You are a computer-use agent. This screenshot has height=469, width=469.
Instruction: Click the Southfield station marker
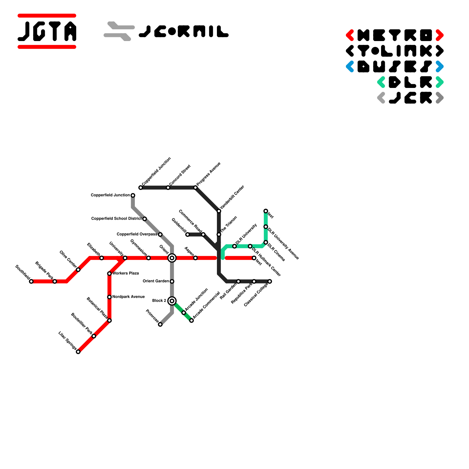pyautogui.click(x=31, y=281)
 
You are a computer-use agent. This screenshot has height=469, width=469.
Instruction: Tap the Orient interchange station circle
pyautogui.click(x=172, y=258)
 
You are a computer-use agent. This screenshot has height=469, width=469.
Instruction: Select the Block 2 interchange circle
pyautogui.click(x=172, y=301)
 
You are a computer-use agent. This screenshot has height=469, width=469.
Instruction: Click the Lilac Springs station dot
pyautogui.click(x=78, y=352)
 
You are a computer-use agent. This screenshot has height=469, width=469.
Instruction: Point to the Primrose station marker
pyautogui.click(x=160, y=324)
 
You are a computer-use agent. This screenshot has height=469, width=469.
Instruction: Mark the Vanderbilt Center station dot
pyautogui.click(x=219, y=211)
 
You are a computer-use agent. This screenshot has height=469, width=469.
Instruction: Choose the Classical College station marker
pyautogui.click(x=270, y=281)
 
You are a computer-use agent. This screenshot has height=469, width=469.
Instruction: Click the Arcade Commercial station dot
pyautogui.click(x=191, y=320)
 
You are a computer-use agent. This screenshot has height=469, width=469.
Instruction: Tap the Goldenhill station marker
pyautogui.click(x=188, y=235)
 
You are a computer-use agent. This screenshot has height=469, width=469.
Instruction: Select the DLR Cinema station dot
pyautogui.click(x=266, y=242)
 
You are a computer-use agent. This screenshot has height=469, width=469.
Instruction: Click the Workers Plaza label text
pyautogui.click(x=126, y=273)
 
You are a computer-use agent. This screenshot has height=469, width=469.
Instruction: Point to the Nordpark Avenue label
pyautogui.click(x=128, y=297)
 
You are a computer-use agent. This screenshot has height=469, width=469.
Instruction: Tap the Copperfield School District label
pyautogui.click(x=116, y=219)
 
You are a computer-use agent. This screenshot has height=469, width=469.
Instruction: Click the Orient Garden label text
pyautogui.click(x=156, y=281)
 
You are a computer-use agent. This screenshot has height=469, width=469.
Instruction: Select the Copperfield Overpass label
pyautogui.click(x=137, y=234)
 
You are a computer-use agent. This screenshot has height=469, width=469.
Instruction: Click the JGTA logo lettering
pyautogui.click(x=47, y=31)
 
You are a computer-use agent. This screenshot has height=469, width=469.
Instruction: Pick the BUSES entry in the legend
pyautogui.click(x=395, y=67)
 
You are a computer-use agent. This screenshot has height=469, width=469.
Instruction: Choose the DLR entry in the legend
pyautogui.click(x=410, y=82)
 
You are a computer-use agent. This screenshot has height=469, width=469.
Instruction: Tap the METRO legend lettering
pyautogui.click(x=395, y=35)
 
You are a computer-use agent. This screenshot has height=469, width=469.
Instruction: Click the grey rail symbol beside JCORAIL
pyautogui.click(x=119, y=31)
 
